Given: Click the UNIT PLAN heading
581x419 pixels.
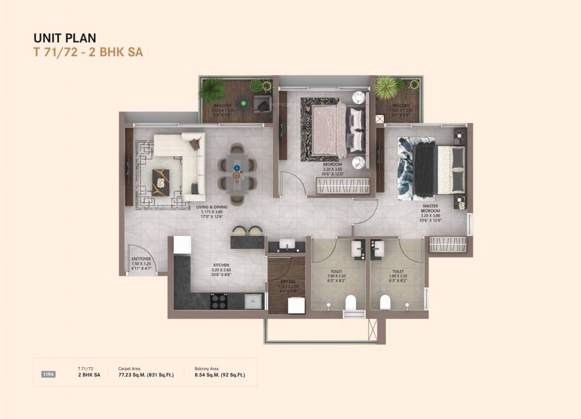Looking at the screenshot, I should click(65, 38).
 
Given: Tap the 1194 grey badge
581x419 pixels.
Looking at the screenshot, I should click(49, 374).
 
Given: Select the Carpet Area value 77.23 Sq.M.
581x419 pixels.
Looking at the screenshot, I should click(146, 375).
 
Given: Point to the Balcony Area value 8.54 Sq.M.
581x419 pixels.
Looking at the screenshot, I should click(220, 375).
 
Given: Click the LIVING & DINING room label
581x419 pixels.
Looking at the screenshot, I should click(212, 207).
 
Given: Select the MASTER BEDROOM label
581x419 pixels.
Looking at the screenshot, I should click(430, 209).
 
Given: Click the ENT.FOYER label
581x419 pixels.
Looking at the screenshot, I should click(141, 259).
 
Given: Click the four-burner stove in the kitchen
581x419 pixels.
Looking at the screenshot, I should click(219, 301).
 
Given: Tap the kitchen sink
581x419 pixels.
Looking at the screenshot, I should click(252, 301).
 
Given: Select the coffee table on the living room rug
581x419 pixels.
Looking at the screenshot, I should click(160, 182).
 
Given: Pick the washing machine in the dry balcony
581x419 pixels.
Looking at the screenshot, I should click(296, 306).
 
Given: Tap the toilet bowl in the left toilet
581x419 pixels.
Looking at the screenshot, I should click(351, 300).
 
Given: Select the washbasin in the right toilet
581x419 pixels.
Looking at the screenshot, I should click(378, 248).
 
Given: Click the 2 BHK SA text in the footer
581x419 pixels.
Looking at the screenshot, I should click(89, 375).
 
